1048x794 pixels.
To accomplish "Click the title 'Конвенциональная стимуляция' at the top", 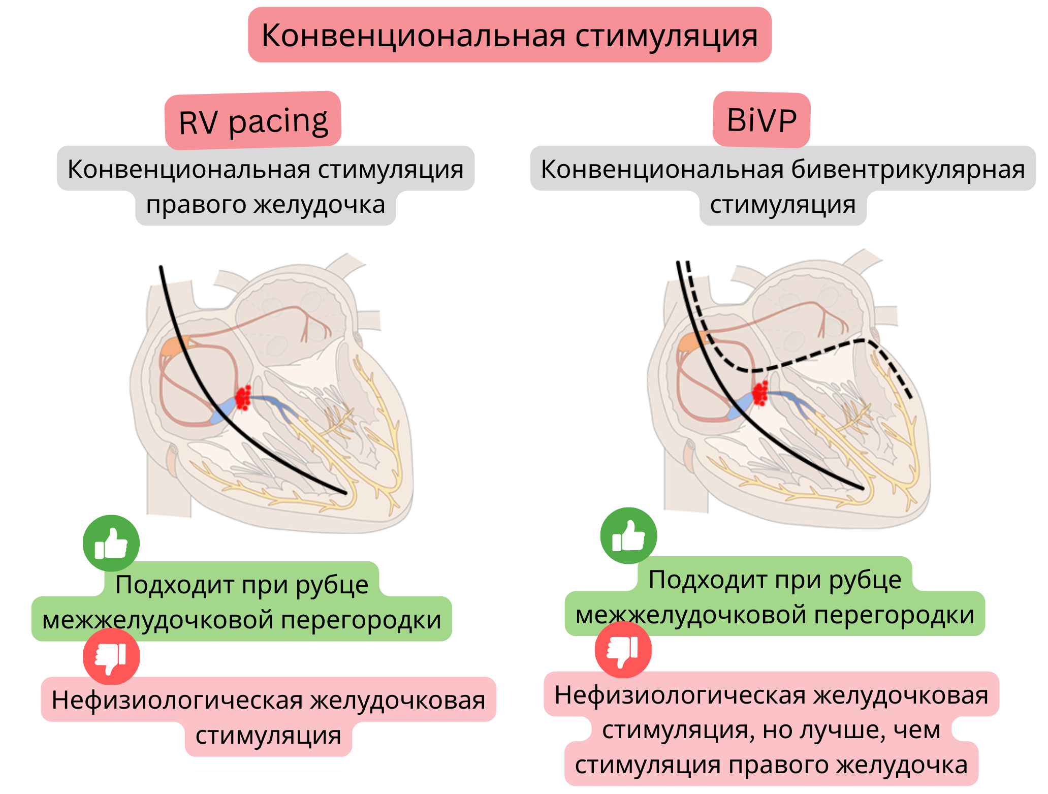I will tap(510, 36).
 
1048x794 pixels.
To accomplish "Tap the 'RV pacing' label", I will tap(253, 122).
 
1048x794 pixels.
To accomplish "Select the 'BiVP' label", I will tap(761, 120).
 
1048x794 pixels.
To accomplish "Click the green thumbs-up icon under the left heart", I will tap(111, 543).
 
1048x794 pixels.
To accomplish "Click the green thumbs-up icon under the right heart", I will tap(628, 535).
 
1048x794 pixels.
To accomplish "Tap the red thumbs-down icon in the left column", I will tap(111, 656).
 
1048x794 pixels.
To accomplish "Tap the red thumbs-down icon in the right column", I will tap(623, 650).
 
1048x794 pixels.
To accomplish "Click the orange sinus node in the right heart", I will tap(692, 342).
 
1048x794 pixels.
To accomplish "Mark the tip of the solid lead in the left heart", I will tap(345, 492).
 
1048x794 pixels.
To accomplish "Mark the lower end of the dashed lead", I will tap(910, 397).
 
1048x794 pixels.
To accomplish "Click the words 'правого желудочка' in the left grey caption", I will tap(266, 205).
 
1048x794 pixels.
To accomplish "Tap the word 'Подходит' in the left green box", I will tap(175, 584).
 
